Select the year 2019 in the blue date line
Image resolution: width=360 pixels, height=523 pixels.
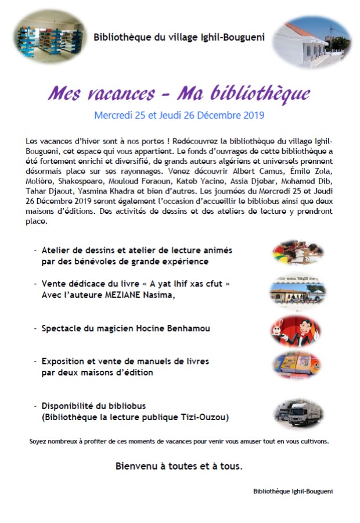(x=251, y=115)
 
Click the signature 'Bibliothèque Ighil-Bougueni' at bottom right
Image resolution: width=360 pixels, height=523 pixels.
(x=293, y=491)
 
